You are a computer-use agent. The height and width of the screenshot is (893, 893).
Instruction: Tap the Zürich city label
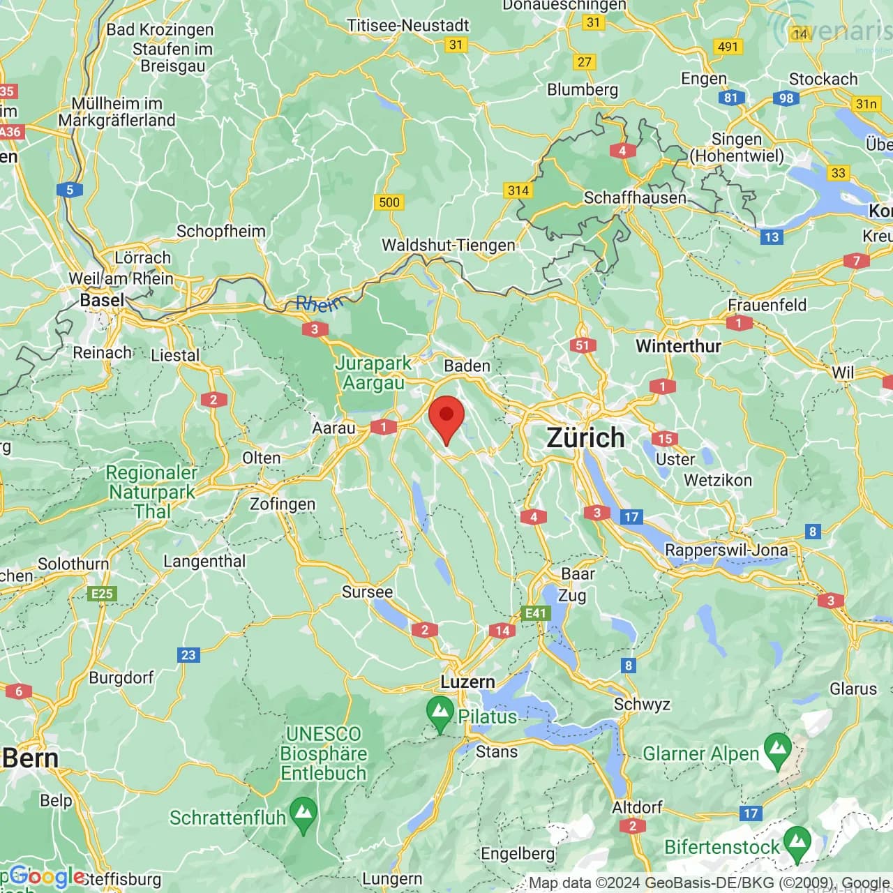click(x=585, y=438)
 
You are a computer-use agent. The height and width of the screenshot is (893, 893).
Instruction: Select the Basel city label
click(x=102, y=300)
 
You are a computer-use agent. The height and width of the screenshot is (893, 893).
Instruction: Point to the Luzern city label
click(x=467, y=682)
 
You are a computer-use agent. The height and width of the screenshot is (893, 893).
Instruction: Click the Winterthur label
click(x=678, y=345)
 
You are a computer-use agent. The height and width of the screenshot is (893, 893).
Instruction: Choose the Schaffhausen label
click(x=635, y=197)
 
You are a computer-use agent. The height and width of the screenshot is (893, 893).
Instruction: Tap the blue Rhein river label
click(x=320, y=303)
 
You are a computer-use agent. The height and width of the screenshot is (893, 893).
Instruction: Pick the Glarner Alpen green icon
click(x=778, y=750)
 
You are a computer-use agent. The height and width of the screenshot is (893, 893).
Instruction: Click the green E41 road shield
click(x=535, y=613)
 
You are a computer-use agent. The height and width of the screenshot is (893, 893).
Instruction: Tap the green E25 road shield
click(x=102, y=594)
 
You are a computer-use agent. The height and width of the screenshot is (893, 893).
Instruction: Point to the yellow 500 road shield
click(x=389, y=202)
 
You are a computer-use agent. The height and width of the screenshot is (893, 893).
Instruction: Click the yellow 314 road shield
click(x=518, y=190)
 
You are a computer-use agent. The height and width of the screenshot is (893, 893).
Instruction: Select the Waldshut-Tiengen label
click(x=448, y=245)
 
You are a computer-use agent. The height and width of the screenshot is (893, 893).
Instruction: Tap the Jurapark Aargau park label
click(x=373, y=373)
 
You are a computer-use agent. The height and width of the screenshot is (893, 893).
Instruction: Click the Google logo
click(x=47, y=876)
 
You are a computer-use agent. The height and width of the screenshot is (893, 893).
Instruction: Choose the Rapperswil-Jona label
click(x=726, y=550)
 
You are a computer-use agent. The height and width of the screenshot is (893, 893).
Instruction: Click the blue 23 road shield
click(x=188, y=654)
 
